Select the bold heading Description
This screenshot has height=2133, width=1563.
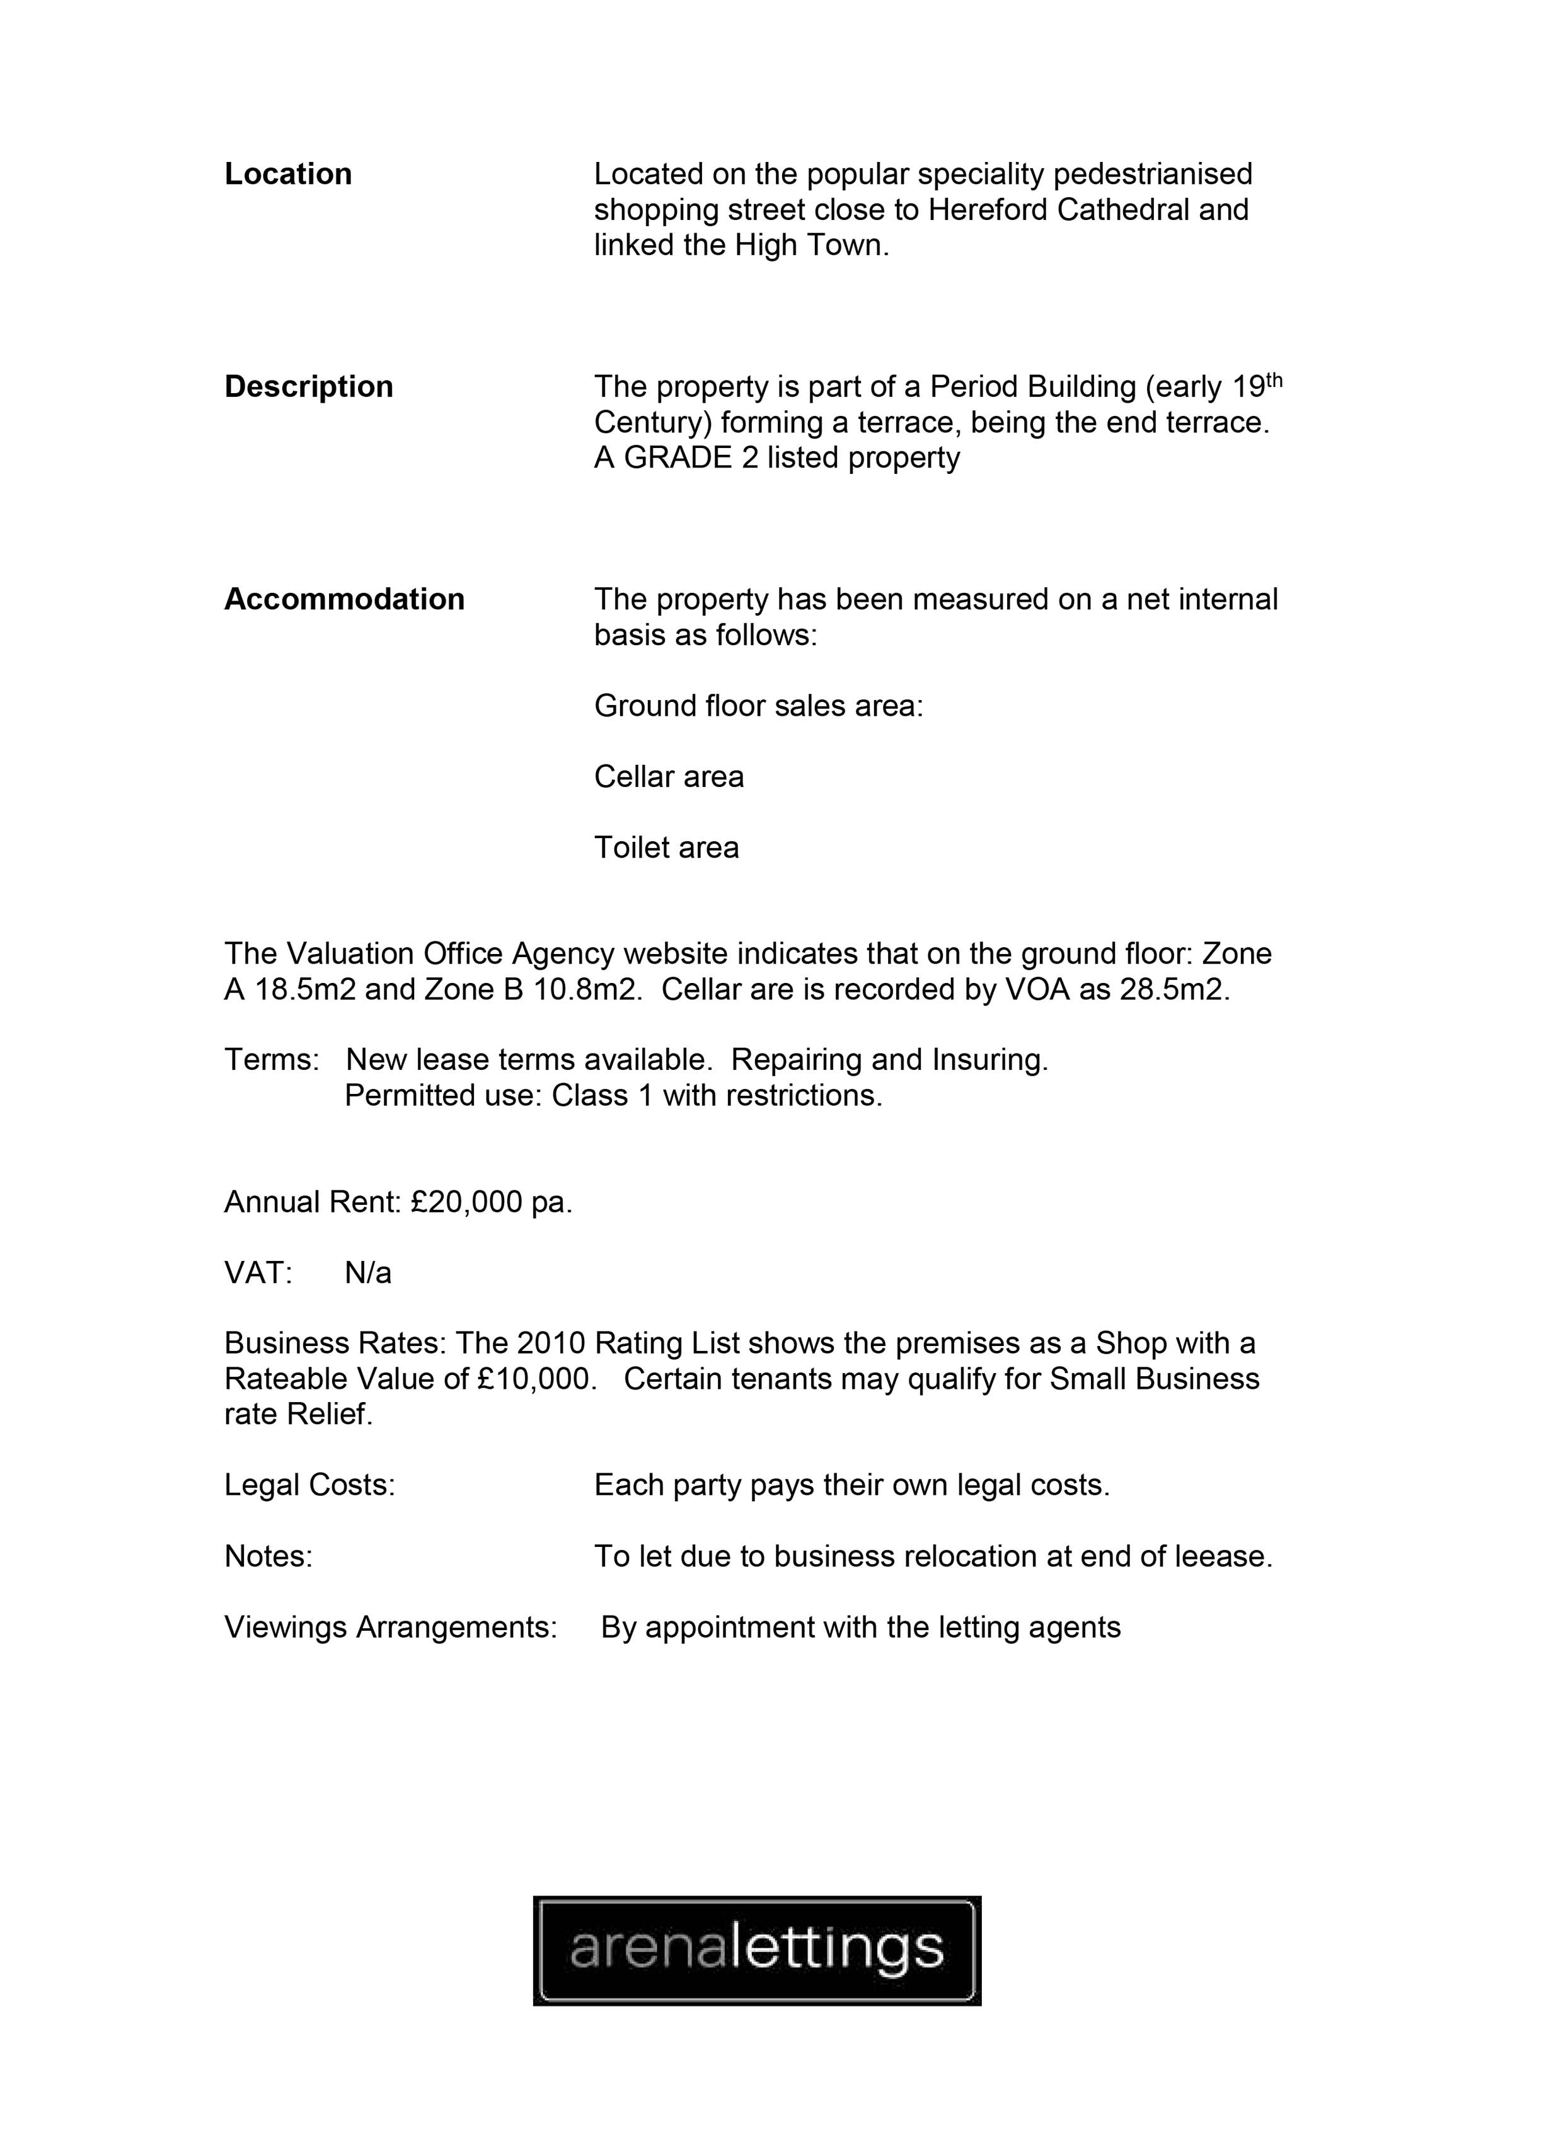pos(308,387)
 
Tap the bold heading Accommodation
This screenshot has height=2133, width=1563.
pos(344,600)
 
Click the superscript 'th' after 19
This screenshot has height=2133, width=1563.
pos(1274,380)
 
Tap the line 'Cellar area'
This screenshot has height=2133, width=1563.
pos(669,776)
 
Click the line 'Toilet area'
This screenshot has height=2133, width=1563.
pos(666,848)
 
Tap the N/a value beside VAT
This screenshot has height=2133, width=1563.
pos(368,1273)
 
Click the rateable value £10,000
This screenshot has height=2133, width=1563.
pos(536,1379)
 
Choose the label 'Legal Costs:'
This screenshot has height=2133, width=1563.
pos(309,1486)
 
